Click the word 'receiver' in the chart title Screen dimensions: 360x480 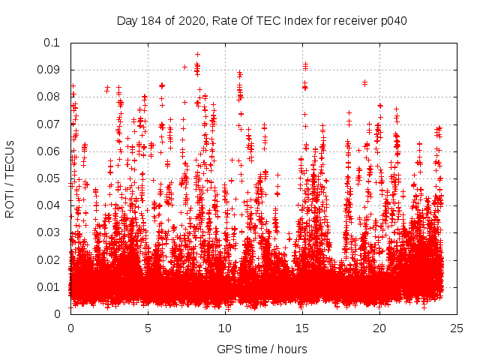(352, 20)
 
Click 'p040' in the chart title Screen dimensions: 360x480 (391, 20)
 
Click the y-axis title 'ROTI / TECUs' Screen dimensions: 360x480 (10, 178)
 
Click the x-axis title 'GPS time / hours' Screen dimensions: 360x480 (262, 349)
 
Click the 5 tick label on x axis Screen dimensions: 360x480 (148, 328)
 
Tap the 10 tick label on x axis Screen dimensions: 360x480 (225, 328)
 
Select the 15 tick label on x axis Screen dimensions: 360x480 (302, 328)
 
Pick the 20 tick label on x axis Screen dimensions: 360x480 (379, 328)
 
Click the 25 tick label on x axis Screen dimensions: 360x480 (457, 328)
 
